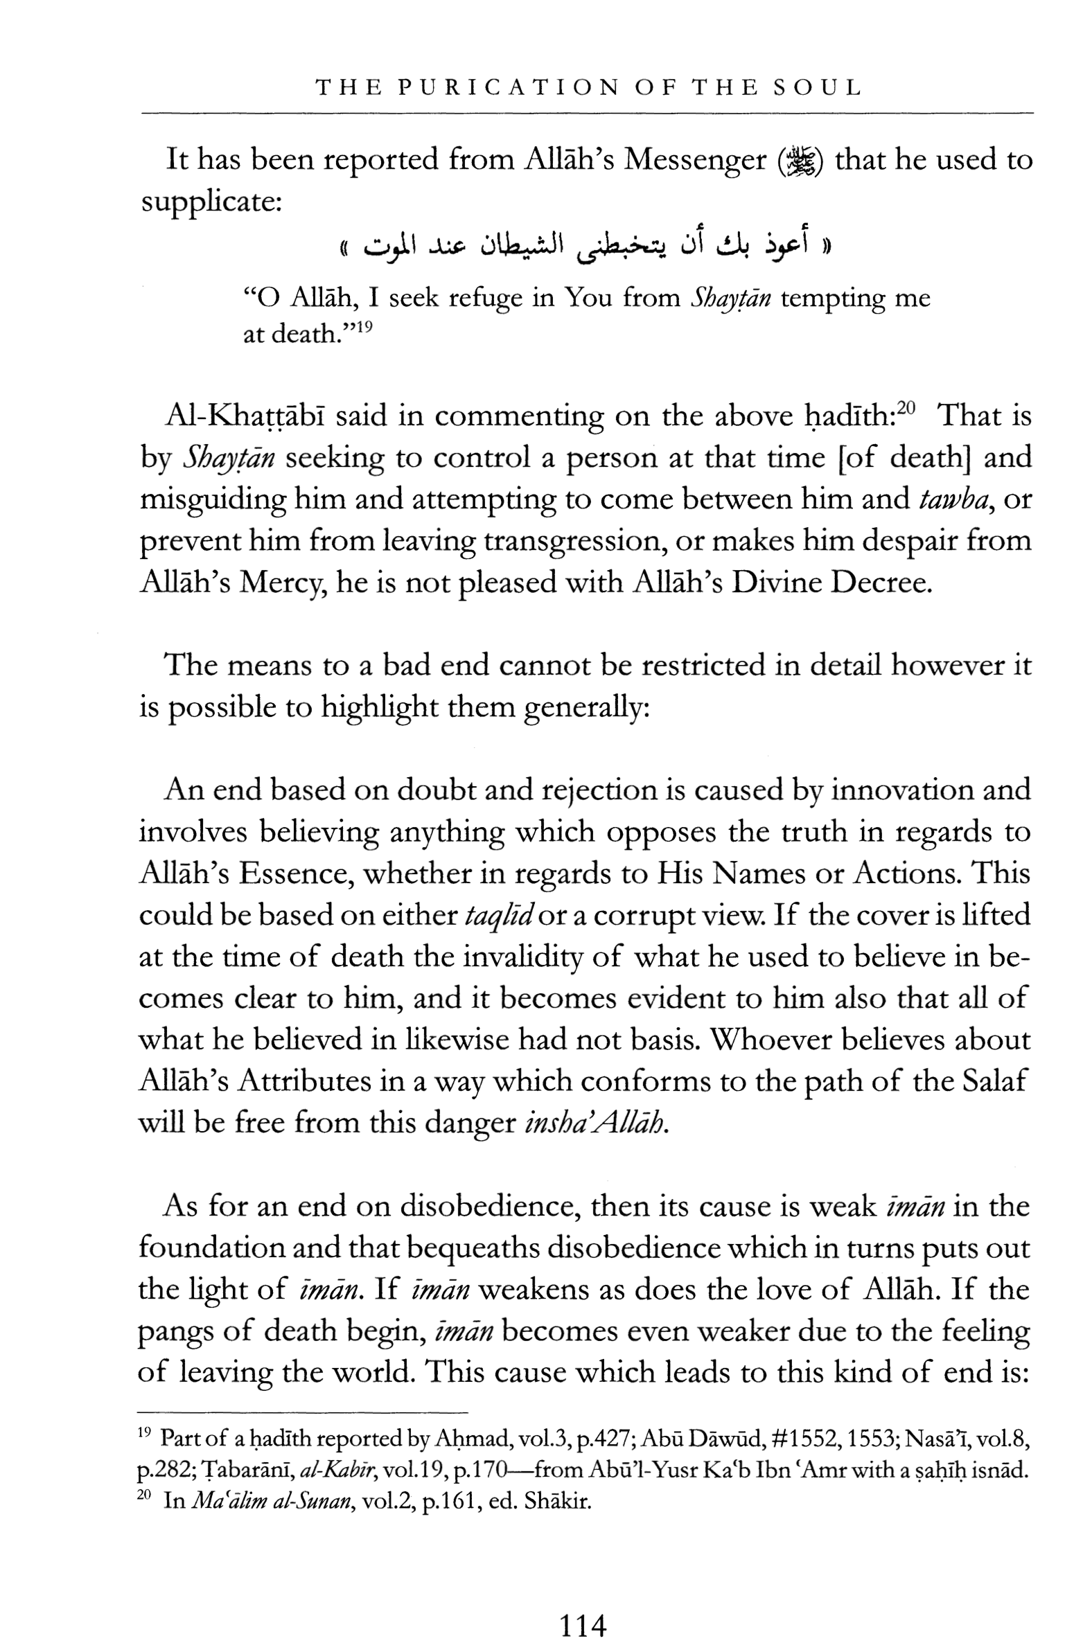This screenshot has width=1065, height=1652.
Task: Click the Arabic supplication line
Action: [584, 245]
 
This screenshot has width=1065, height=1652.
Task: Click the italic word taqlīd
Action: [498, 915]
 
